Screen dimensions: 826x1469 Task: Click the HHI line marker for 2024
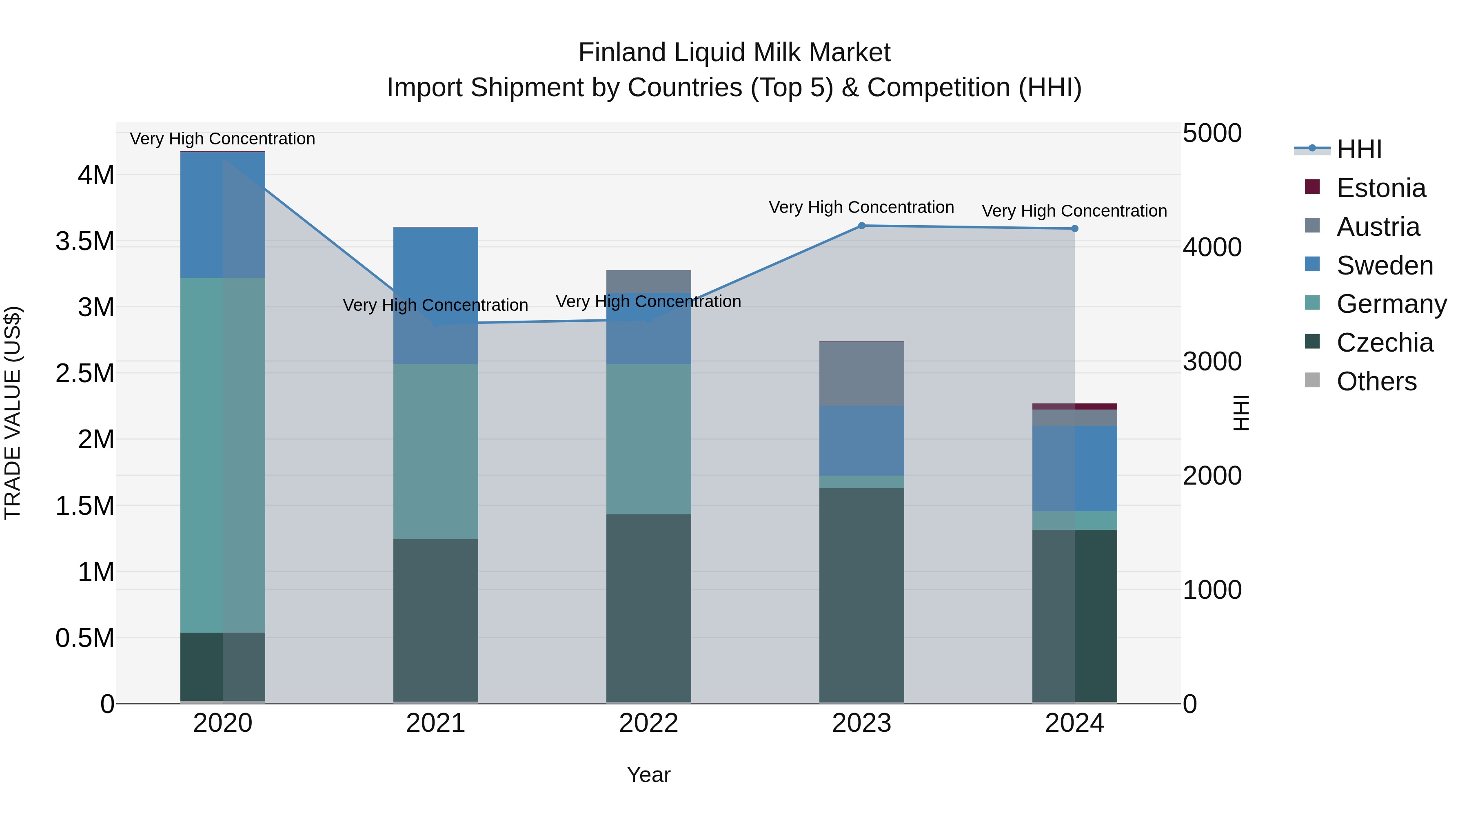point(1074,228)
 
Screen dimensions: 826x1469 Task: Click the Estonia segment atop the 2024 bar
point(1074,406)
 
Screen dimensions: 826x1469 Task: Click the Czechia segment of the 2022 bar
point(648,608)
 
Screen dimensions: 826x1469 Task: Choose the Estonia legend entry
point(1380,188)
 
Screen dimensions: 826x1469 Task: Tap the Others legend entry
point(1376,381)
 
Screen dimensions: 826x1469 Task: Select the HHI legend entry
point(1358,149)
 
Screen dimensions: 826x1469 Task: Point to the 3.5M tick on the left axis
point(85,241)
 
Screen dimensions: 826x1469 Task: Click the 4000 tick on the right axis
point(1212,248)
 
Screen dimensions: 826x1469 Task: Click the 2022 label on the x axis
point(648,723)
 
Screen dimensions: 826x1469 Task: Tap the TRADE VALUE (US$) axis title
point(13,413)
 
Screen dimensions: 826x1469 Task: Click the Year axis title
point(648,775)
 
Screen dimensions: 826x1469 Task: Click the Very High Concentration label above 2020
point(222,139)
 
